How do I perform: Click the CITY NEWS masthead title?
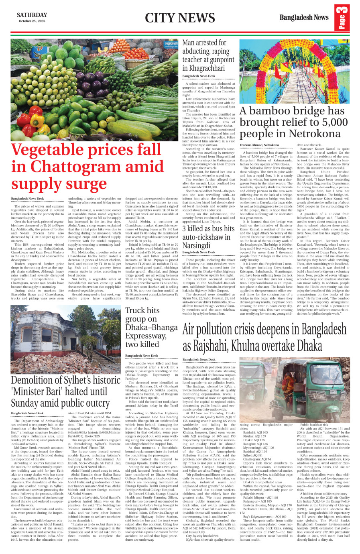coord(180,18)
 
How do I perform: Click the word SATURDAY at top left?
coord(32,15)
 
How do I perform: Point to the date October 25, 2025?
coord(32,21)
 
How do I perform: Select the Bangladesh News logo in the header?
coord(304,18)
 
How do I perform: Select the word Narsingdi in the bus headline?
coord(196,245)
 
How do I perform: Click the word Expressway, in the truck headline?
coord(145,336)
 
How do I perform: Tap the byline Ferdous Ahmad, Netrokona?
coord(259,145)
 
